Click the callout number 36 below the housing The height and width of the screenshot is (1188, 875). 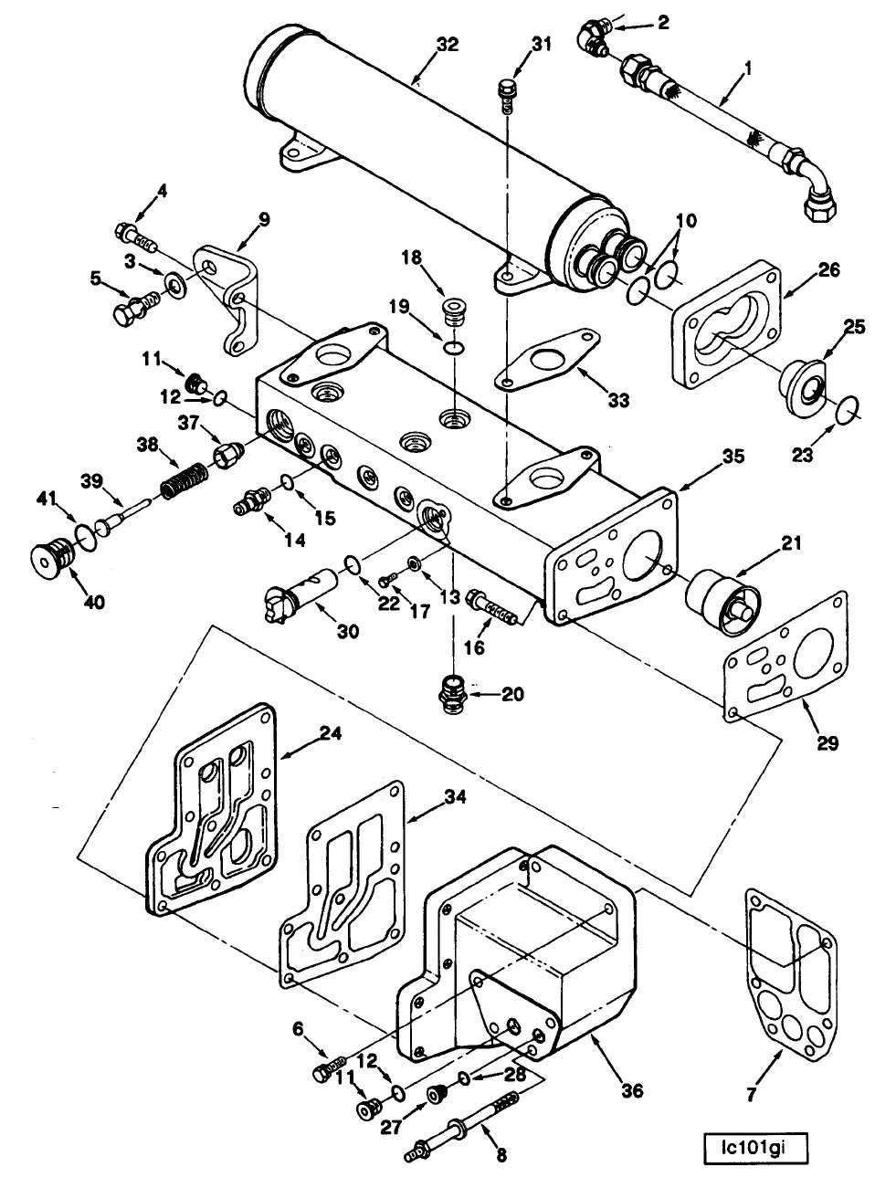pos(631,1090)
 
